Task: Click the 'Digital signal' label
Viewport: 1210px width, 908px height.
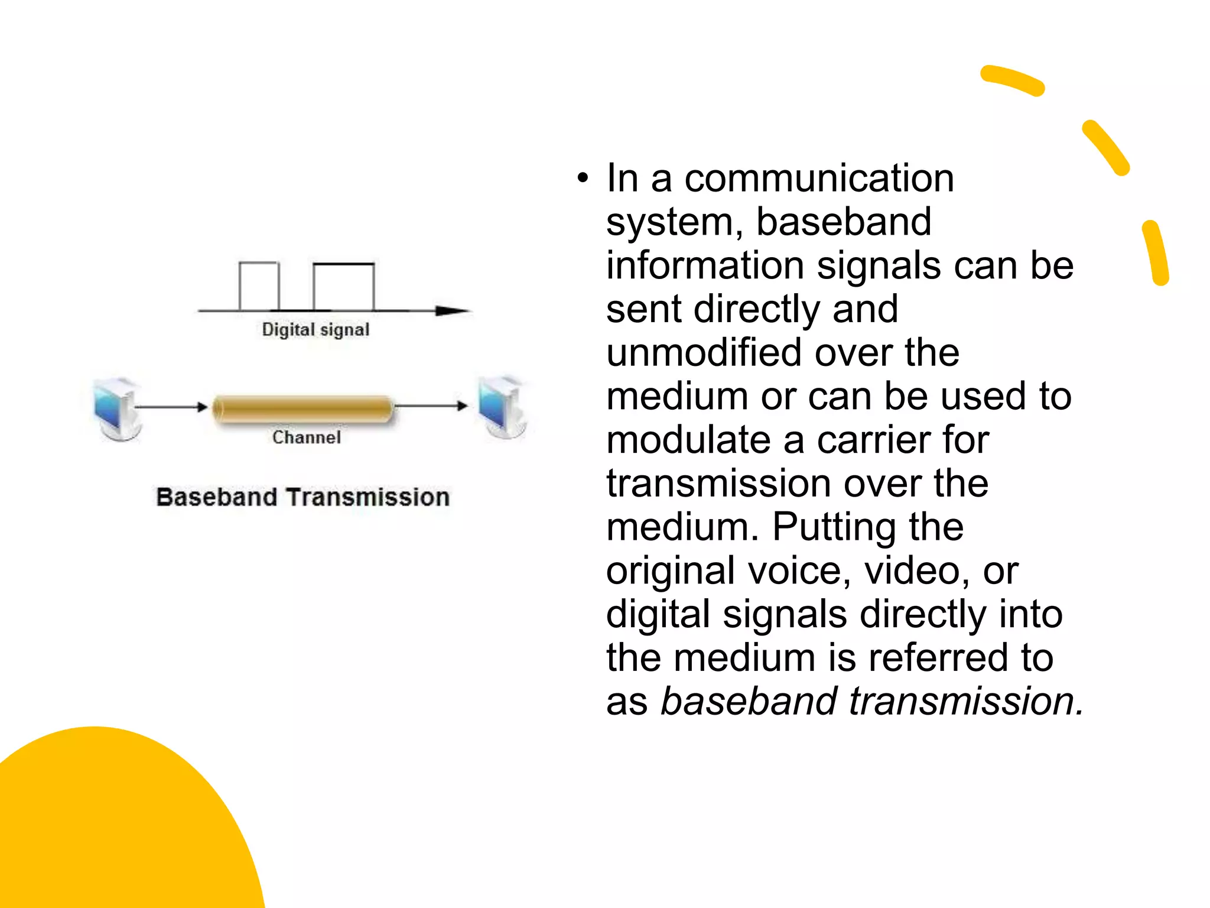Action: coord(315,329)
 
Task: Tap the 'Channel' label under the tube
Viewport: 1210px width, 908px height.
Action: coord(307,437)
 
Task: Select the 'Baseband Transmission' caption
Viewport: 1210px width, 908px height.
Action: coord(302,497)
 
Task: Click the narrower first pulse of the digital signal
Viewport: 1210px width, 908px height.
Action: coord(259,286)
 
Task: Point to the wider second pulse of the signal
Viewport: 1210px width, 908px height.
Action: coord(343,287)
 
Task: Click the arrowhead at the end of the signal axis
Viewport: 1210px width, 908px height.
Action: coord(452,310)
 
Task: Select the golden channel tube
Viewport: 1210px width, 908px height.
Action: coord(302,408)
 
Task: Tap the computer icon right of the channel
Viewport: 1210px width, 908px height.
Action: coord(503,408)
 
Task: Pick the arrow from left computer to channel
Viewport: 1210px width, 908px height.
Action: coord(171,407)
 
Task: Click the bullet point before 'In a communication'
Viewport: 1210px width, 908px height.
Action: coord(583,178)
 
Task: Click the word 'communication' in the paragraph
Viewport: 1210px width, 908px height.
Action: coord(819,178)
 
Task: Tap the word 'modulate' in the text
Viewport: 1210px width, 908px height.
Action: coord(688,440)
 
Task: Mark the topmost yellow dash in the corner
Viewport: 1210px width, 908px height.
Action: coord(1012,80)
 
